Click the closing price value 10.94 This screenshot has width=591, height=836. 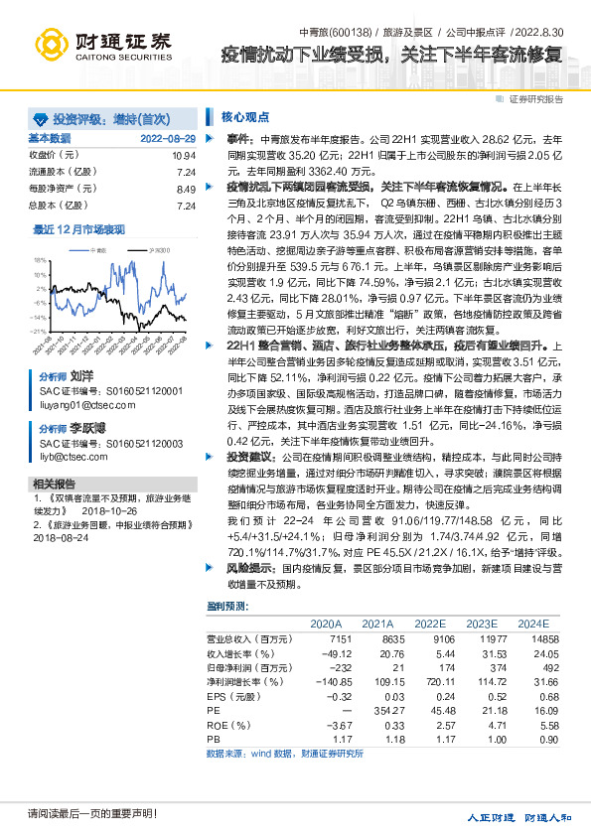(x=184, y=156)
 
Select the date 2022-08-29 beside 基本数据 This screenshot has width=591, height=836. (x=168, y=138)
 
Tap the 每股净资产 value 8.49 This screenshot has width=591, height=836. (x=186, y=189)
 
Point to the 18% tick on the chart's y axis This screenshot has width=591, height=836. (x=40, y=259)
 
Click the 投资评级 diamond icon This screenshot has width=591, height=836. (x=41, y=117)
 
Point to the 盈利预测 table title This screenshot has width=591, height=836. (x=227, y=605)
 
